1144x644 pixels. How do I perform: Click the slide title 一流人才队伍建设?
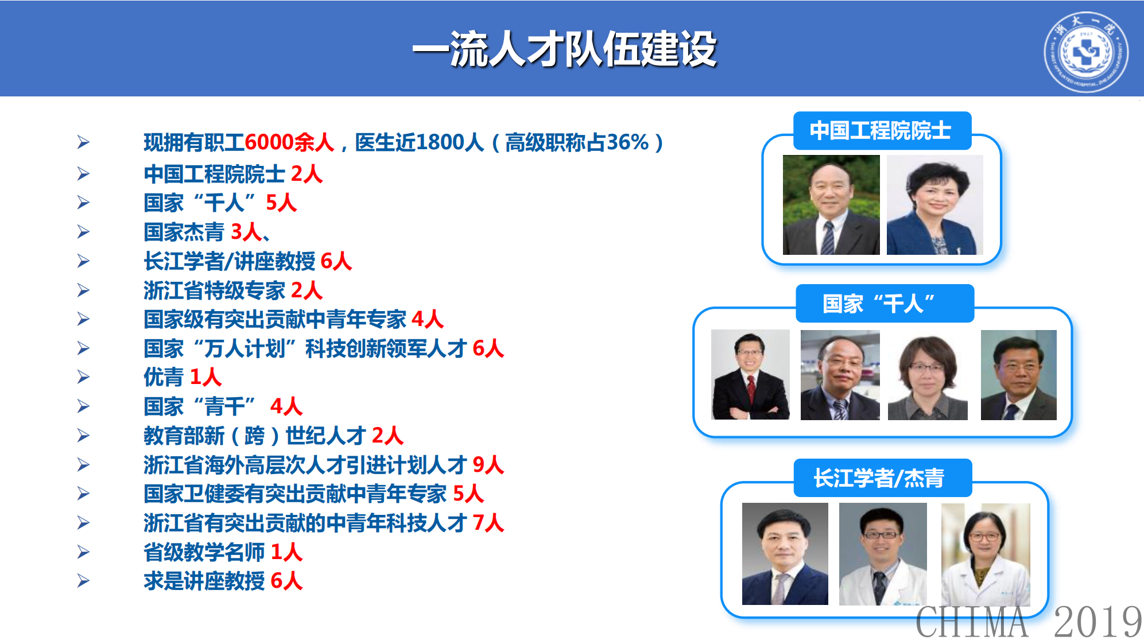[x=564, y=49]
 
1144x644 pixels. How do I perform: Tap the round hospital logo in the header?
[x=1085, y=52]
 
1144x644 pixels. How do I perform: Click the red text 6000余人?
[x=289, y=142]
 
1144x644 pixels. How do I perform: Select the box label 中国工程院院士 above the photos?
[x=881, y=131]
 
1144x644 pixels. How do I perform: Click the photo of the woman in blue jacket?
[x=934, y=205]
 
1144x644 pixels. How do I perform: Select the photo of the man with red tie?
[x=750, y=374]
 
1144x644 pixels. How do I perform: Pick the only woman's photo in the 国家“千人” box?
[x=927, y=375]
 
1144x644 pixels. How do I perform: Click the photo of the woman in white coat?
[x=985, y=554]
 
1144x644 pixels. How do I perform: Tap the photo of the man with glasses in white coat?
[x=882, y=554]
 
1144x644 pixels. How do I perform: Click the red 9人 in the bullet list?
[x=488, y=465]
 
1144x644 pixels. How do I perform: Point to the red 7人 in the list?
[x=488, y=523]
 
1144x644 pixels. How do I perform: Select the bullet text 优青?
[x=164, y=377]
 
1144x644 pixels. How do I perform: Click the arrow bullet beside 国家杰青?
[x=84, y=232]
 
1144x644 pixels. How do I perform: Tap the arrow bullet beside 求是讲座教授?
[x=84, y=581]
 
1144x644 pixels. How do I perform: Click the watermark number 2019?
[x=1097, y=622]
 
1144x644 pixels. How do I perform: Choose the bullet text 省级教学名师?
[x=204, y=552]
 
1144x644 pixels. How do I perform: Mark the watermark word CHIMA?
[x=972, y=622]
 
